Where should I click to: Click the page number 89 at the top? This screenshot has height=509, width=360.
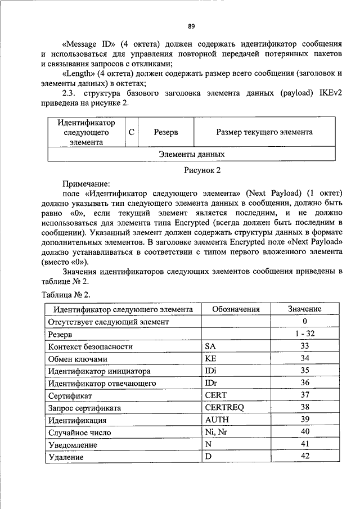(x=191, y=26)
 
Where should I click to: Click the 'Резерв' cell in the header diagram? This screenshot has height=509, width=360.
(x=166, y=132)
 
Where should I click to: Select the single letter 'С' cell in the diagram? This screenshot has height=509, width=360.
(x=130, y=132)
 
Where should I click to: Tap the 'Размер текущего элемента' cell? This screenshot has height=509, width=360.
(x=264, y=132)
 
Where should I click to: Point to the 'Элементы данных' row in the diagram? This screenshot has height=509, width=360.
(x=191, y=154)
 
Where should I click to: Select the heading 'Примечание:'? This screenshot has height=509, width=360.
(x=86, y=183)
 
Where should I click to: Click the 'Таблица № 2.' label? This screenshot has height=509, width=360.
(x=66, y=295)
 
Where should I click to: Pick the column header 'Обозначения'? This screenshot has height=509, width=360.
(x=236, y=309)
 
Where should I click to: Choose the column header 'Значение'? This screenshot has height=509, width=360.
(x=304, y=309)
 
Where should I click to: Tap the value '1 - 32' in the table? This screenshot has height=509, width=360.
(x=304, y=334)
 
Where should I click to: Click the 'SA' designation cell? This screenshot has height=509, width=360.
(x=210, y=346)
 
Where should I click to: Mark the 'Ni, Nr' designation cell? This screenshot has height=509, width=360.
(x=217, y=433)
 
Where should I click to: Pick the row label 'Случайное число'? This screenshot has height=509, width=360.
(x=79, y=433)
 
